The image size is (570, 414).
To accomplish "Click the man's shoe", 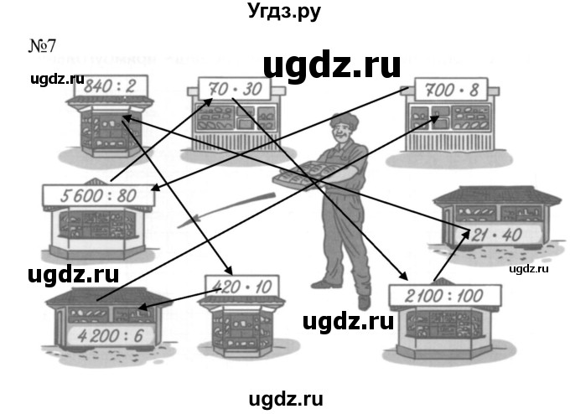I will (363, 301).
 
